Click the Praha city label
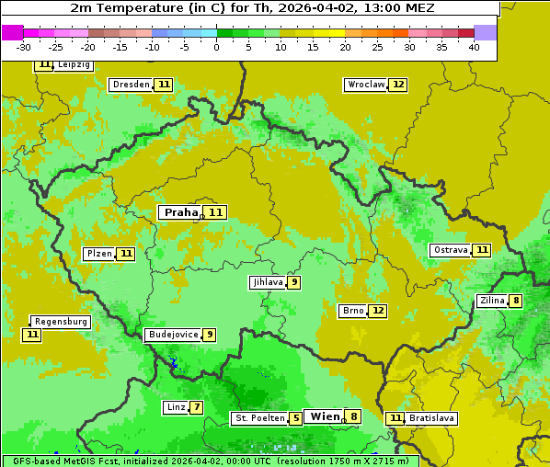click(180, 212)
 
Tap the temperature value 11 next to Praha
click(215, 212)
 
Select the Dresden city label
click(131, 85)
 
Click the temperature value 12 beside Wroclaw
click(397, 85)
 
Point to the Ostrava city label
click(450, 250)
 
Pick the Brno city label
click(353, 311)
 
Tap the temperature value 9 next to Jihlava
click(293, 282)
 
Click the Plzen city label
click(98, 254)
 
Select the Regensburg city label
click(61, 322)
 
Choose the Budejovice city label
click(172, 335)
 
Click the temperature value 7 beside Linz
click(197, 407)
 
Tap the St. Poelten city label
click(259, 418)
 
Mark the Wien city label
click(325, 416)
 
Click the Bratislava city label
click(432, 418)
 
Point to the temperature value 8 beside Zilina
click(516, 301)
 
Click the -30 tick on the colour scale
click(24, 47)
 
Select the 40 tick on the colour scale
click(474, 47)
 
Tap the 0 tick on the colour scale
click(217, 47)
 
